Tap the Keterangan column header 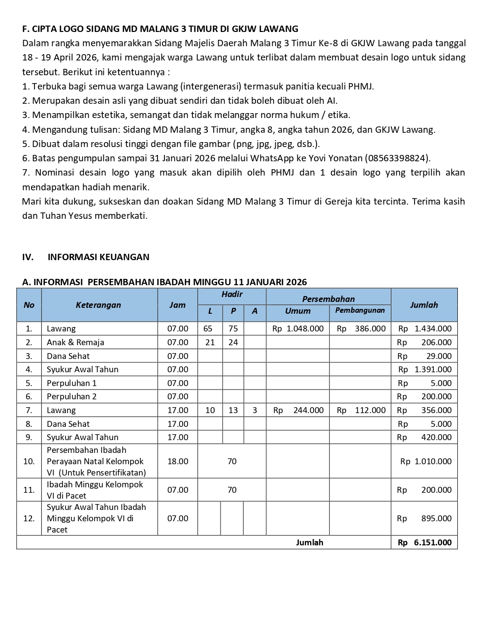[98, 305]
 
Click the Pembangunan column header [360, 310]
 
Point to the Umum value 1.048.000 [305, 328]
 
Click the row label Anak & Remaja [75, 342]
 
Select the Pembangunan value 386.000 [370, 328]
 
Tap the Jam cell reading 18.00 [178, 461]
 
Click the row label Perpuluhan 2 [72, 396]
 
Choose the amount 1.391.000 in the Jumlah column [433, 369]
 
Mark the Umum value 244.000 [308, 410]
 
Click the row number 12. [29, 518]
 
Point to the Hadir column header [232, 294]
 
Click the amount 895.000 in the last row [436, 518]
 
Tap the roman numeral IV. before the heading [28, 257]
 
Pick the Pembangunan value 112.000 [370, 410]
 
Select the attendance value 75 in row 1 [233, 328]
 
